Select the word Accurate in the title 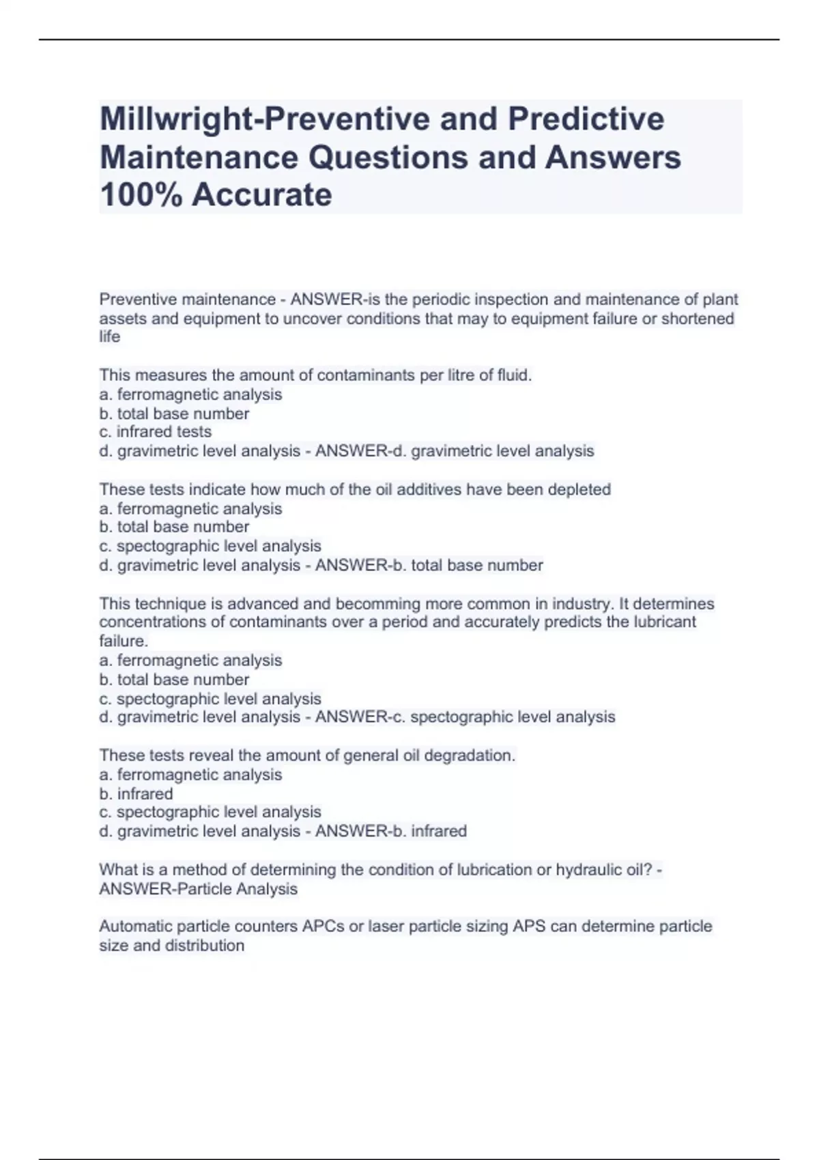click(262, 194)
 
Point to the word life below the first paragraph click(109, 337)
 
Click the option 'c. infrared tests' click(155, 432)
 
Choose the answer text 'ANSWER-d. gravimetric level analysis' click(455, 451)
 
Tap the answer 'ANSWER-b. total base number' click(429, 566)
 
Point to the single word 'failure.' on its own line click(124, 641)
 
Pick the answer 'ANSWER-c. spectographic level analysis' click(465, 717)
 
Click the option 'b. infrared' click(136, 794)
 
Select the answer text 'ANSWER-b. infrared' click(391, 831)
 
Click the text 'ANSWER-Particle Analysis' click(198, 889)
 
